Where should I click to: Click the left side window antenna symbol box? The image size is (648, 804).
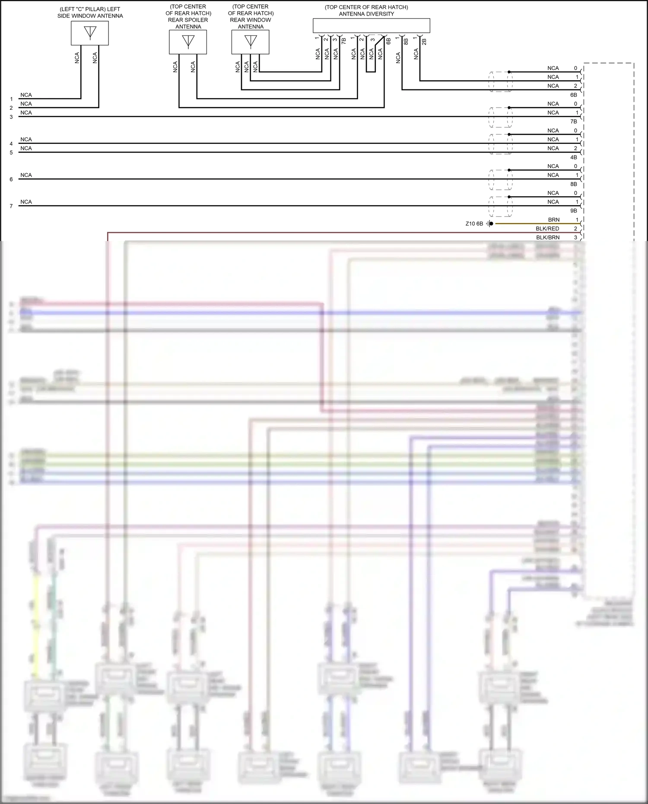coord(90,33)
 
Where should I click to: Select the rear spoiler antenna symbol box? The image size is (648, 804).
coord(188,42)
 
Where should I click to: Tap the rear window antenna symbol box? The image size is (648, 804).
coord(251,42)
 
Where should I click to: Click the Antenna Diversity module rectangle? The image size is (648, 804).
coord(372,25)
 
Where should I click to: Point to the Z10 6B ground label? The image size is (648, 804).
coord(474,224)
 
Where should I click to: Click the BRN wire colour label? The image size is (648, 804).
coord(554,220)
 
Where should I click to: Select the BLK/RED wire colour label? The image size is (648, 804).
coord(547,229)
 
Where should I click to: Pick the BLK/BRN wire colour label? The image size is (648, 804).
coord(548,238)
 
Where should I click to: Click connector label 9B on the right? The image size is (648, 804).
coord(574,211)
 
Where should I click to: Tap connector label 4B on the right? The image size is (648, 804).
coord(574,157)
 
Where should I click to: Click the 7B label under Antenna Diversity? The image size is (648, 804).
coord(344,41)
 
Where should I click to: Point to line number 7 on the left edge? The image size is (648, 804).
coord(11,206)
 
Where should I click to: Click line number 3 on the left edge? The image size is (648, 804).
coord(11,117)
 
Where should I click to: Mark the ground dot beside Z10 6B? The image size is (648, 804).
coord(491,224)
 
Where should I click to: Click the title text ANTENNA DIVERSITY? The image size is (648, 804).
coord(366,14)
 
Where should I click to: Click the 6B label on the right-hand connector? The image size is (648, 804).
coord(574,95)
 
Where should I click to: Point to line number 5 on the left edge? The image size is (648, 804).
coord(11,153)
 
